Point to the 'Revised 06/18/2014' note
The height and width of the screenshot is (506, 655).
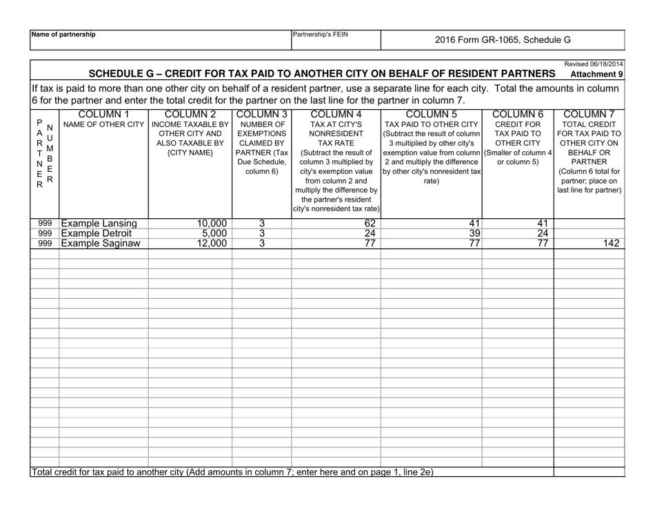click(594, 64)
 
